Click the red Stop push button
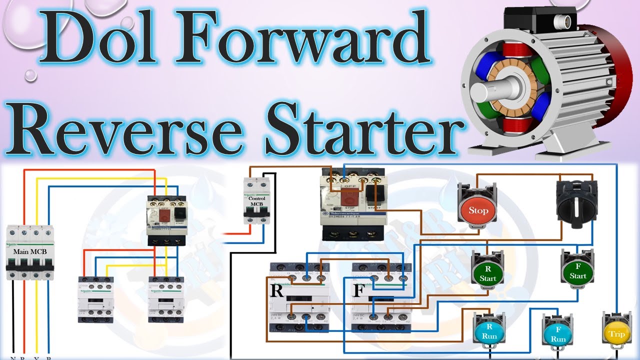[x=478, y=210]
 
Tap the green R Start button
[x=487, y=273]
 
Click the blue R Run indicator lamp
[x=489, y=332]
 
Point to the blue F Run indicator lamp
[x=558, y=334]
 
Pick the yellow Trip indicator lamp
[x=616, y=333]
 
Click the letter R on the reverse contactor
[x=276, y=291]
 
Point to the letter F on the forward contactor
[x=357, y=290]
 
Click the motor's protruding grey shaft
[x=482, y=93]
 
